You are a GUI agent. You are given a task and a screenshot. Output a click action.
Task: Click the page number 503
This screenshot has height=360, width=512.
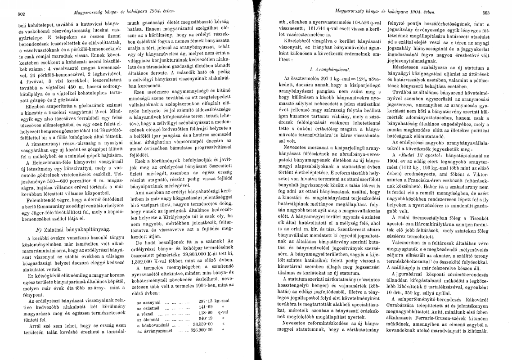(498, 13)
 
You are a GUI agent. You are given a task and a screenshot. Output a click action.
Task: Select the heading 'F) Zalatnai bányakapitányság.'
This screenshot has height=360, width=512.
(66, 229)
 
